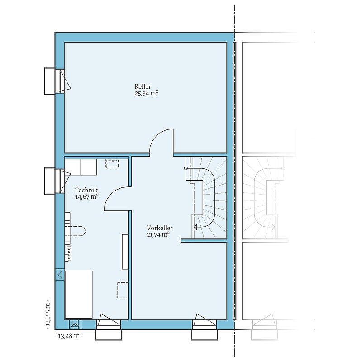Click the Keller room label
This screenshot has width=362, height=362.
(143, 86)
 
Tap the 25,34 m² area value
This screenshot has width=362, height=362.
(146, 93)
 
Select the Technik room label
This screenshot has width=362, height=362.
(86, 190)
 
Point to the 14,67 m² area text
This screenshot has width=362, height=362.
(87, 197)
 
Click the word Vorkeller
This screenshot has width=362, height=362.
(160, 228)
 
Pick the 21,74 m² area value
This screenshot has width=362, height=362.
(158, 235)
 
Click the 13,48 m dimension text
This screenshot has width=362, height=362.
(69, 336)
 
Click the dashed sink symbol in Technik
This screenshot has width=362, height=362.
(113, 163)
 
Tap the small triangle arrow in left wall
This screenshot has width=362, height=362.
(60, 275)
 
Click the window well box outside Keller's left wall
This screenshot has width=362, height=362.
(50, 81)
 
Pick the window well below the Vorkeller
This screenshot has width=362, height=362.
(205, 334)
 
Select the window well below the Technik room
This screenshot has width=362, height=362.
(109, 334)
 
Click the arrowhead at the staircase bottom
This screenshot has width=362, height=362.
(195, 228)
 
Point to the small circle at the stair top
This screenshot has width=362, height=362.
(186, 168)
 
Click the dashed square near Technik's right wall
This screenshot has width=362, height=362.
(123, 290)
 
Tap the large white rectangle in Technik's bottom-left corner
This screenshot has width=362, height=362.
(79, 295)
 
